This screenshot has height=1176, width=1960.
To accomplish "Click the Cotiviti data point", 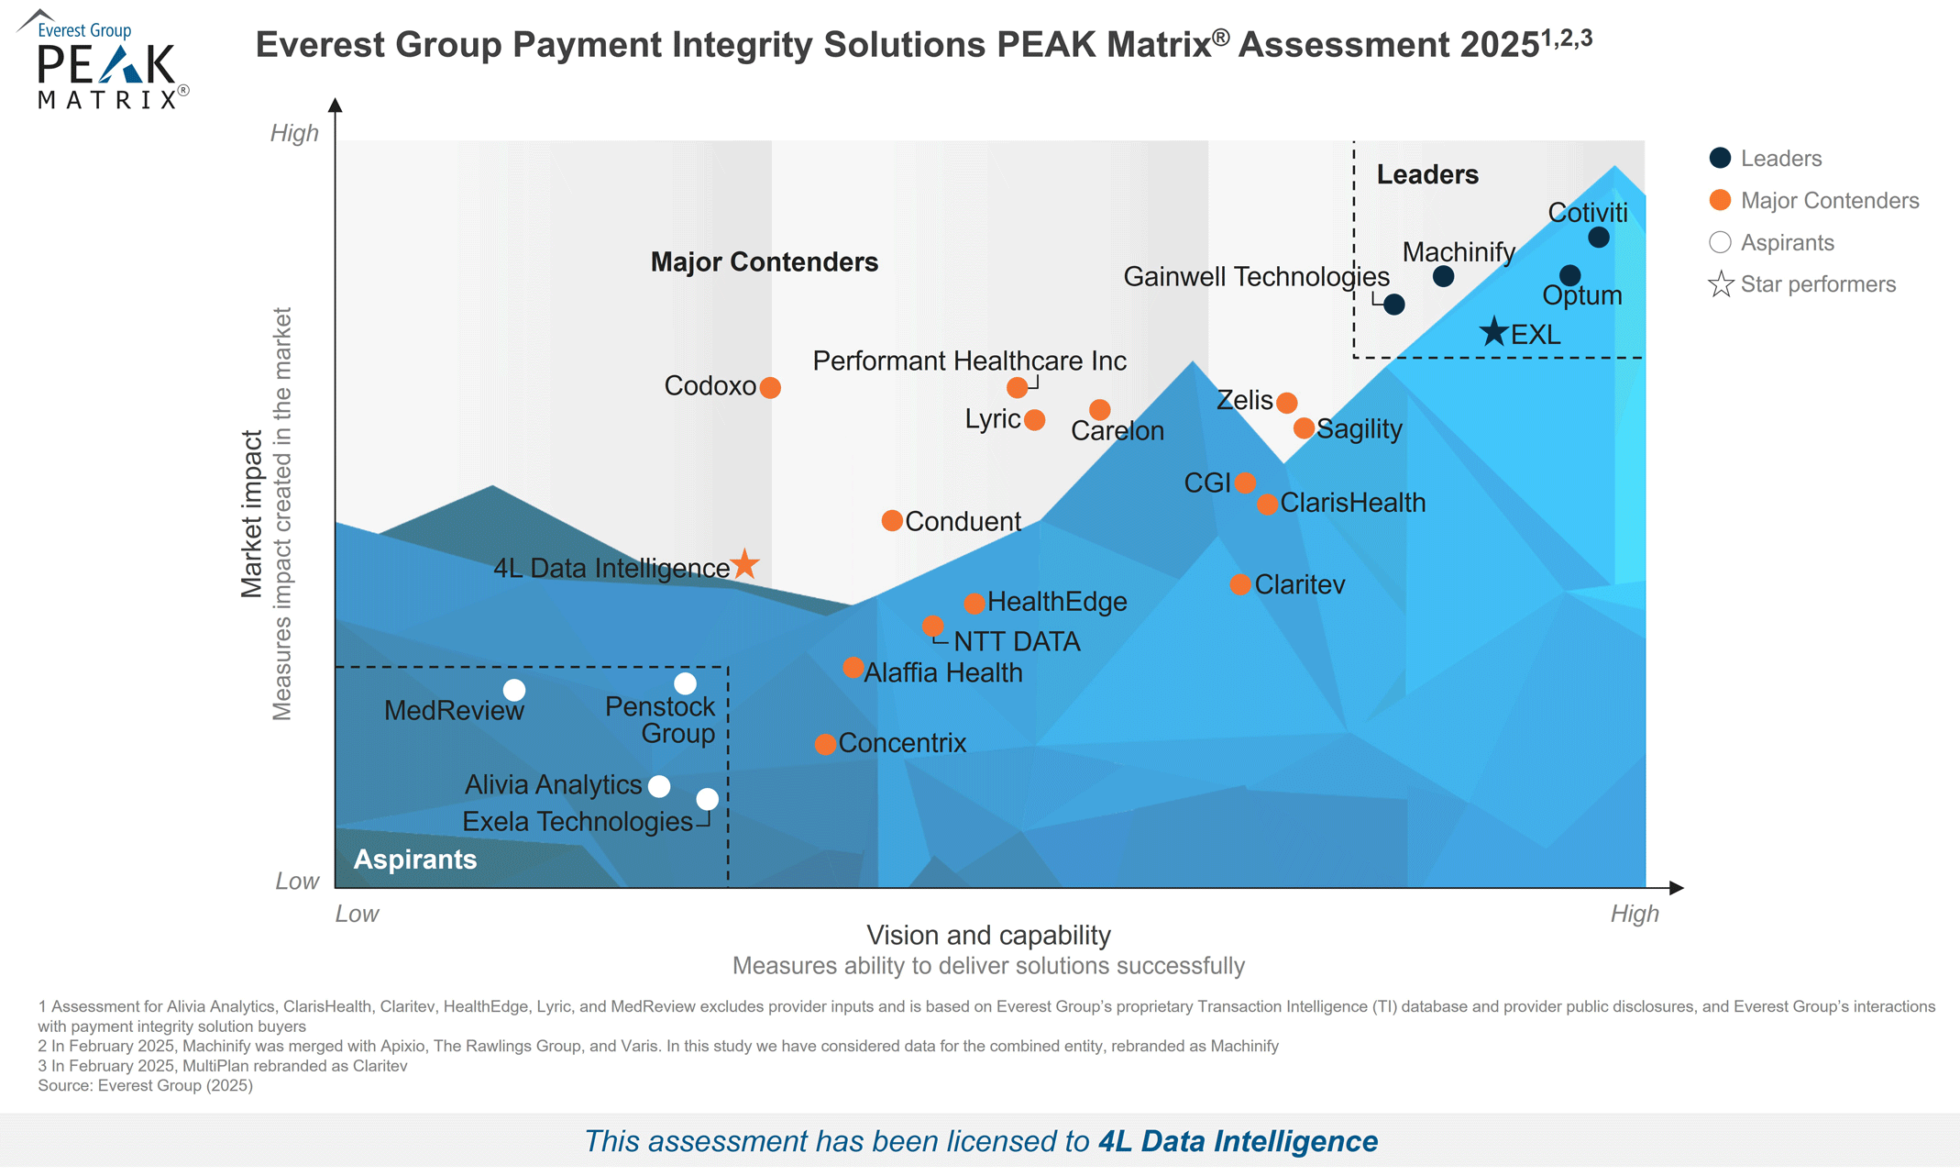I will pos(1598,238).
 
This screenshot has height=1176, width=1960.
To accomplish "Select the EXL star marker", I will pos(1494,332).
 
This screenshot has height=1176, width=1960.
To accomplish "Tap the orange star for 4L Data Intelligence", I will pos(745,564).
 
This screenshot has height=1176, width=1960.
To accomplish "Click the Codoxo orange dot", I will pos(770,388).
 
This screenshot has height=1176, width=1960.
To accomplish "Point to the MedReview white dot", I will pos(514,690).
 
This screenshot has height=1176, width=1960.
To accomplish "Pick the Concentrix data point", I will pos(825,744).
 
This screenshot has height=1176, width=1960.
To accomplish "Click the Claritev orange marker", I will pos(1239,584).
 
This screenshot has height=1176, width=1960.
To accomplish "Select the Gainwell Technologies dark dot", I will pos(1393,305).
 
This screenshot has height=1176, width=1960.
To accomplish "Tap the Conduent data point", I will pos(891,521).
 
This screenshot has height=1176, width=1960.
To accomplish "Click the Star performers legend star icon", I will pos(1721,284).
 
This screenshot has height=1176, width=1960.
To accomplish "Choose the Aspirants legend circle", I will pos(1720,242).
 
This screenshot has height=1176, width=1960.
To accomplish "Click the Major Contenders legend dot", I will pos(1720,200).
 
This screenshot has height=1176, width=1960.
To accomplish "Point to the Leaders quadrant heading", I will pos(1427,174).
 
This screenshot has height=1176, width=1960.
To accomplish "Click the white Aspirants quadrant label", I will pos(415,860).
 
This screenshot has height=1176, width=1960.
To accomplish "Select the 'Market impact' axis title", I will pos(252,514).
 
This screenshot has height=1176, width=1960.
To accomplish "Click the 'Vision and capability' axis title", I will pos(988,935).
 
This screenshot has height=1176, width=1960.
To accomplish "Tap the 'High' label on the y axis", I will pos(294,133).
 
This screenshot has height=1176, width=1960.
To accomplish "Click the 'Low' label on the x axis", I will pos(357,914).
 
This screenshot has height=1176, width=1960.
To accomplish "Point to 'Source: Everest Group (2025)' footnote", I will pos(145,1085).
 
